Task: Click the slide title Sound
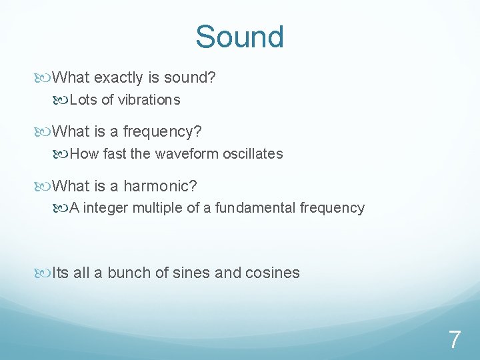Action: [x=239, y=37]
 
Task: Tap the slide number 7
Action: [x=454, y=340]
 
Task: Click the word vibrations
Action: [x=149, y=100]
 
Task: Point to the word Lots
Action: [x=83, y=100]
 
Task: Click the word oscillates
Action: [x=253, y=154]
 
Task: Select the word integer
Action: [x=106, y=208]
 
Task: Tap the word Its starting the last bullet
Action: [x=61, y=273]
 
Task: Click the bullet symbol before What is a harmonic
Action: [x=45, y=185]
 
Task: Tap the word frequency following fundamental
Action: [x=332, y=208]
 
